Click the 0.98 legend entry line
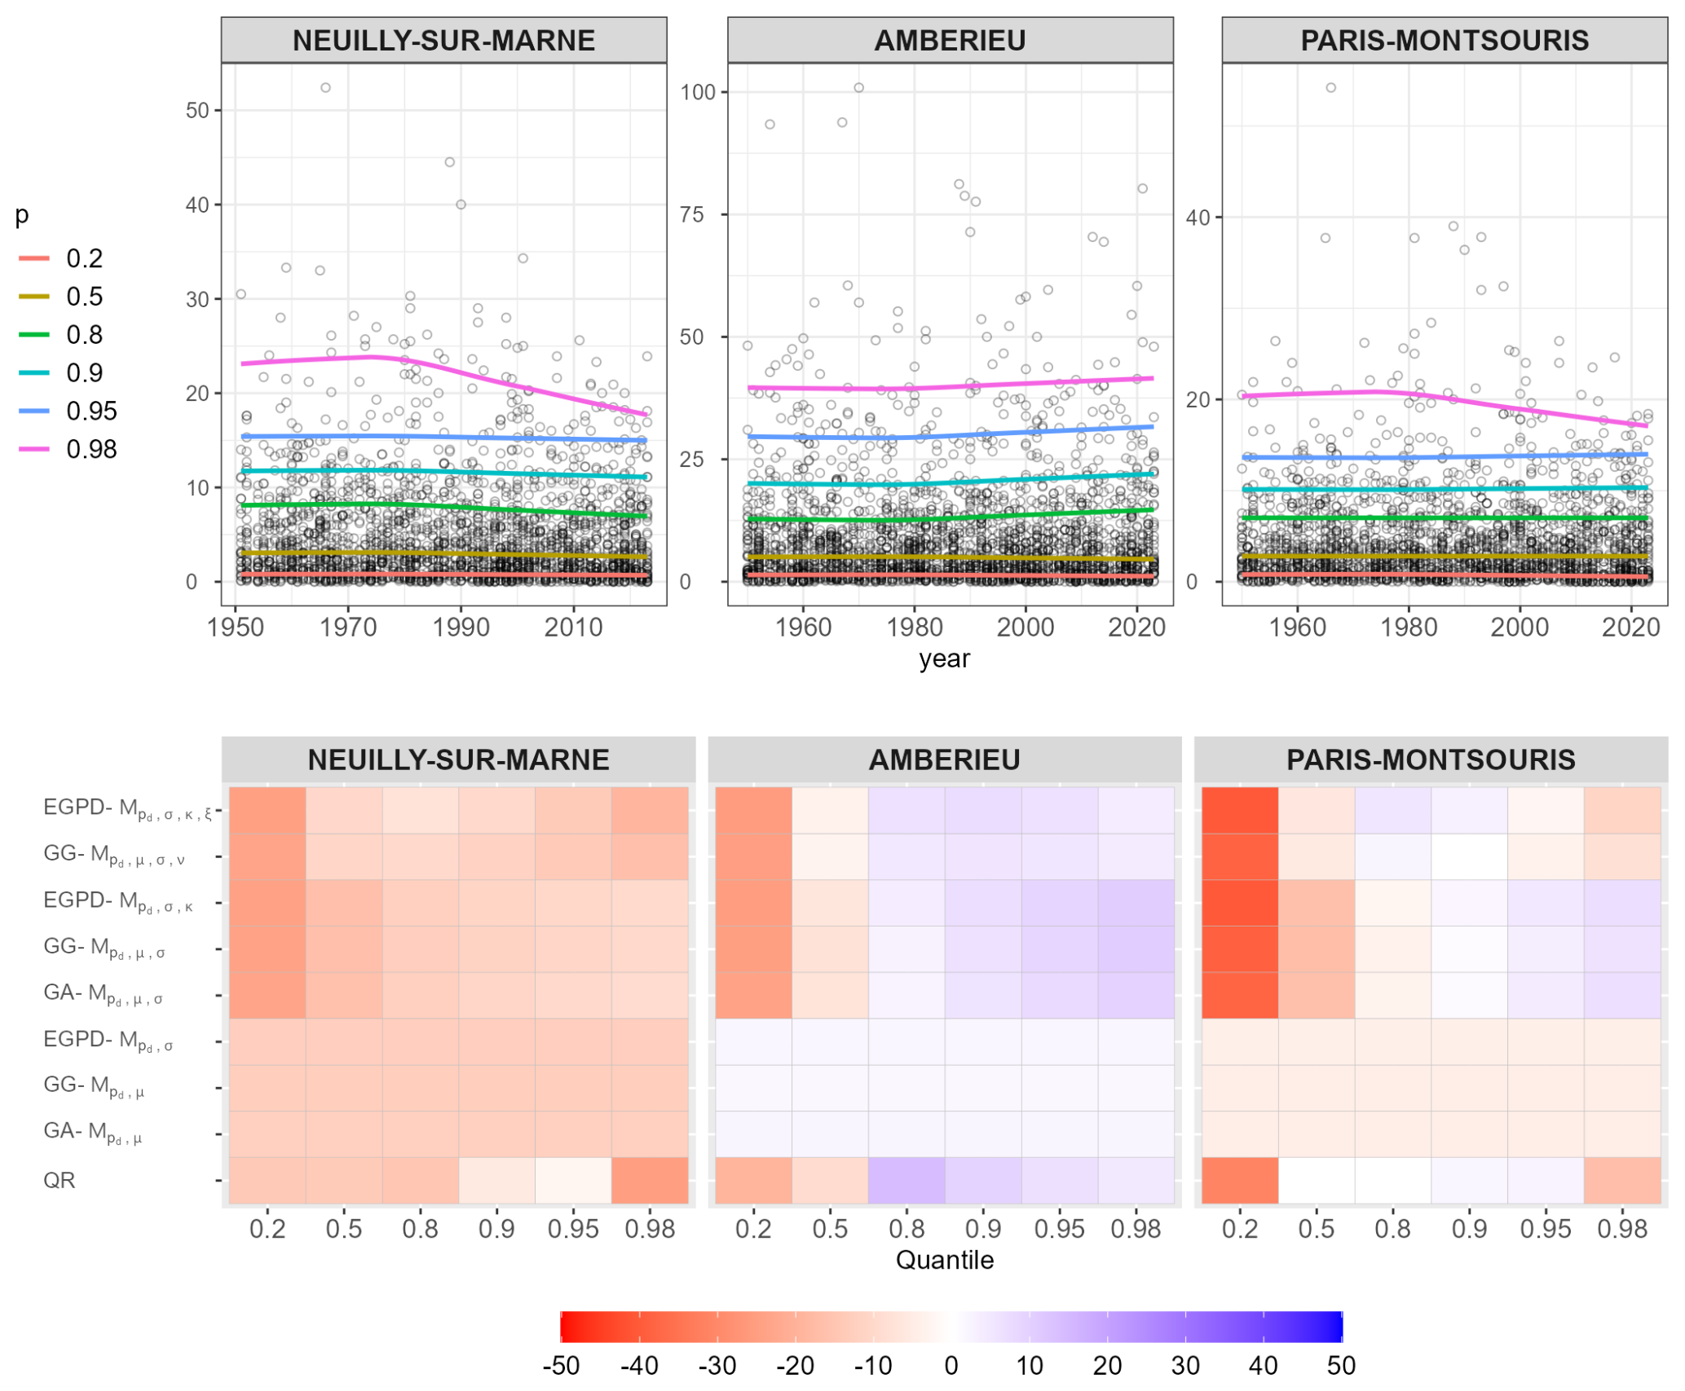click(33, 449)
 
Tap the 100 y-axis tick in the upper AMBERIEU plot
click(698, 92)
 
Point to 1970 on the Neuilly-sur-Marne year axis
click(348, 627)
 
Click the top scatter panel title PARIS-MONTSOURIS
click(1444, 41)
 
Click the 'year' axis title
click(944, 658)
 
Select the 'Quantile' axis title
click(944, 1260)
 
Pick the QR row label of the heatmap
click(60, 1180)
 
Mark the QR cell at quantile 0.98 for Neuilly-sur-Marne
click(650, 1180)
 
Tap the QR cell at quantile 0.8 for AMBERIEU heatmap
click(906, 1180)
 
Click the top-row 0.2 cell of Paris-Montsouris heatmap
click(1239, 810)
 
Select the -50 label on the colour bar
click(561, 1366)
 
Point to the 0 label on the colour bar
click(951, 1366)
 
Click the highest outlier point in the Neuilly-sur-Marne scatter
click(325, 88)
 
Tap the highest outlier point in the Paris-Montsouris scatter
click(1330, 88)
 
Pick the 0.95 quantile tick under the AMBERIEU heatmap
click(1059, 1229)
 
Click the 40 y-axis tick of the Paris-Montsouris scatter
click(1198, 218)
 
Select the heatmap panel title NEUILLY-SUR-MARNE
click(458, 760)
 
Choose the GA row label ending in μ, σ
click(103, 994)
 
